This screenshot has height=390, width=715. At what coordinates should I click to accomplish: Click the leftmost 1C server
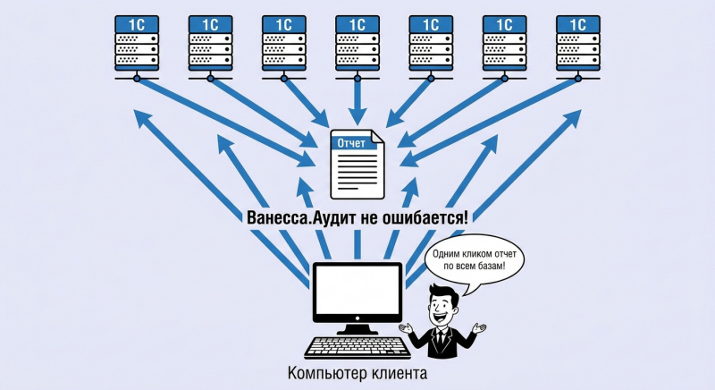(137, 43)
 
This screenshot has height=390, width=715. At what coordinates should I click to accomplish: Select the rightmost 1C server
(578, 43)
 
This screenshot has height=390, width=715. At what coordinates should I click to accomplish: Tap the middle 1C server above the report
(357, 43)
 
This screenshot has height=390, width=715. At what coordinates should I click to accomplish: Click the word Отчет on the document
(351, 143)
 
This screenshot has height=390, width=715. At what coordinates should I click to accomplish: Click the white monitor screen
(357, 290)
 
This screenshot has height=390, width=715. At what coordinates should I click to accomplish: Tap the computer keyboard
(357, 348)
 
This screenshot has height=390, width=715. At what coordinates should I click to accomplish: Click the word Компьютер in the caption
(327, 374)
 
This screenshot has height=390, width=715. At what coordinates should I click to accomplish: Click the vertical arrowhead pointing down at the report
(357, 116)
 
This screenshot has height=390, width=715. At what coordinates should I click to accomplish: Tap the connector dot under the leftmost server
(137, 79)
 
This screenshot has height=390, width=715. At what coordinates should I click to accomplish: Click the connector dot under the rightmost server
(578, 79)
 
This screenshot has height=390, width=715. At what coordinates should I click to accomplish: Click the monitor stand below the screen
(357, 328)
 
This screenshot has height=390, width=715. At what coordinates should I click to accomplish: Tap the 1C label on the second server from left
(211, 24)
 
